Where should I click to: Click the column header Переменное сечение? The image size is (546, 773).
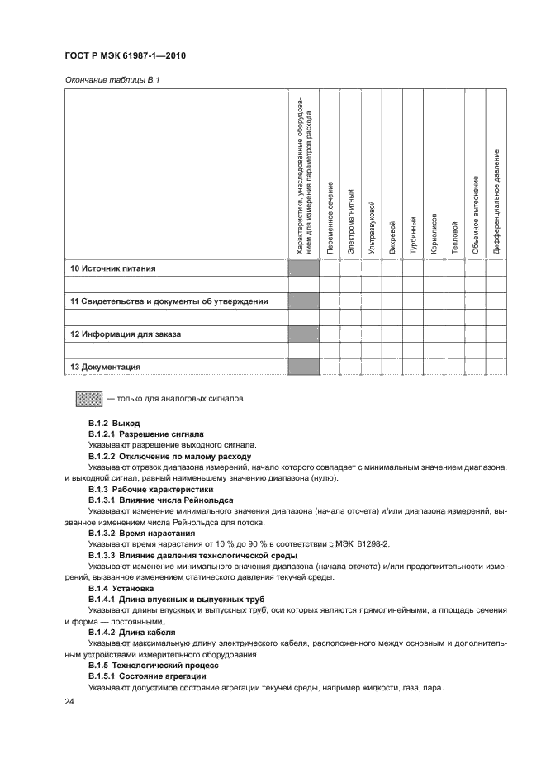(x=330, y=217)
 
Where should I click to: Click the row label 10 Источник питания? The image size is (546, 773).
(x=112, y=268)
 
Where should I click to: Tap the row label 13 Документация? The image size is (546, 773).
(x=105, y=367)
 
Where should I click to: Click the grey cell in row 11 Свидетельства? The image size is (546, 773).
(x=303, y=301)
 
